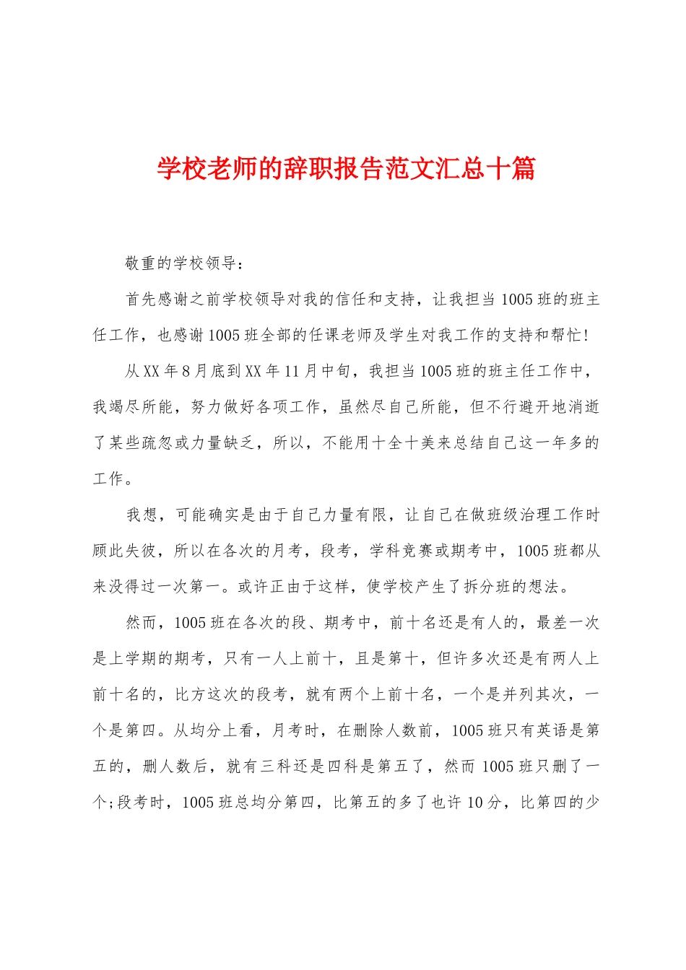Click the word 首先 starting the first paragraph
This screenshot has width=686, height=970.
[142, 300]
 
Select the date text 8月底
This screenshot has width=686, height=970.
[198, 371]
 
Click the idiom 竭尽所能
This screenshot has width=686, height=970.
[142, 407]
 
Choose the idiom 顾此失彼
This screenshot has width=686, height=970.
[125, 551]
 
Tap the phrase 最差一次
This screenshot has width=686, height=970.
[568, 622]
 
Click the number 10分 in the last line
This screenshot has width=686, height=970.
[484, 803]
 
